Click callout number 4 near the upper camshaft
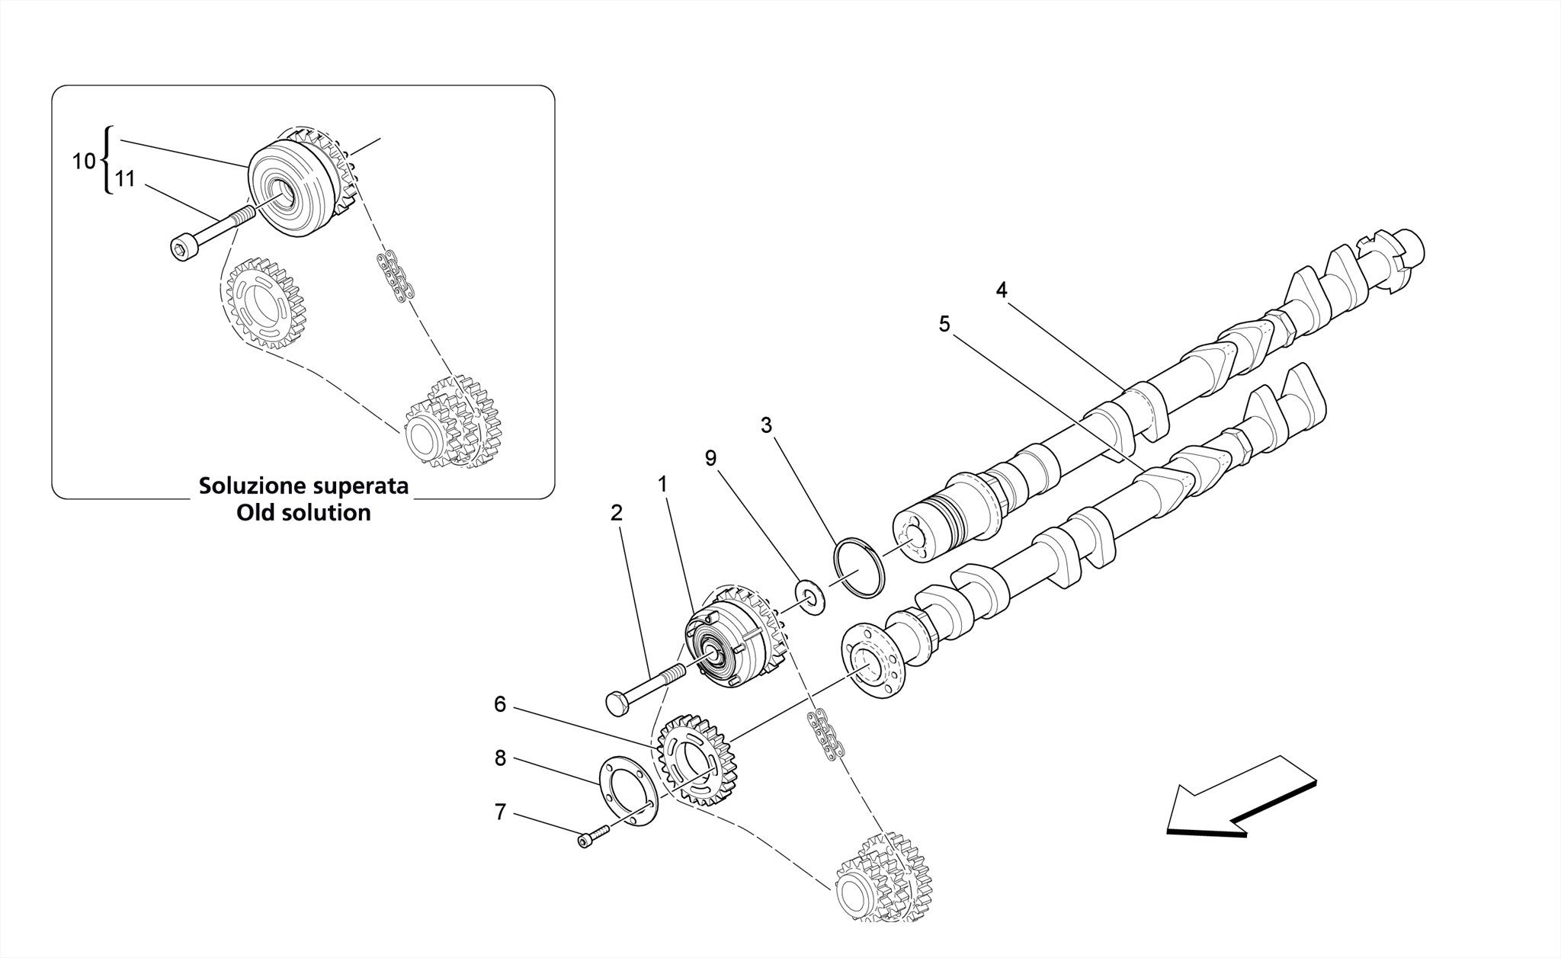click(x=1001, y=290)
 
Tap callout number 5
click(x=944, y=325)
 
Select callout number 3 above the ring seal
click(x=766, y=425)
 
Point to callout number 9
click(x=710, y=459)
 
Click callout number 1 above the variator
click(x=662, y=485)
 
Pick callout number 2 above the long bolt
click(x=616, y=514)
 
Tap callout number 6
click(x=500, y=705)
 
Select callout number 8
click(x=500, y=758)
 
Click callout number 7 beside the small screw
click(x=500, y=813)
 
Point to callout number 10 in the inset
click(x=84, y=162)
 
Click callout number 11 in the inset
click(x=124, y=180)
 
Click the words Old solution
click(x=303, y=513)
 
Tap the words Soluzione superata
click(x=303, y=486)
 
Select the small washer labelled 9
click(x=810, y=598)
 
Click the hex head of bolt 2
click(x=617, y=703)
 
